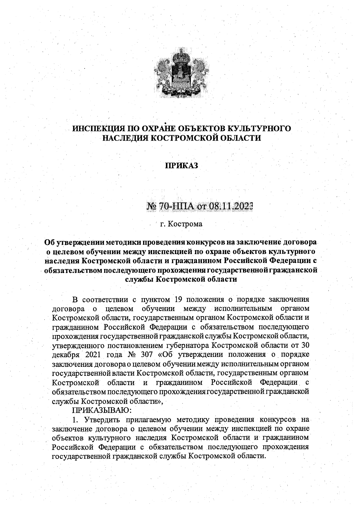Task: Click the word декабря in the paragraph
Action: pos(65,355)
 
